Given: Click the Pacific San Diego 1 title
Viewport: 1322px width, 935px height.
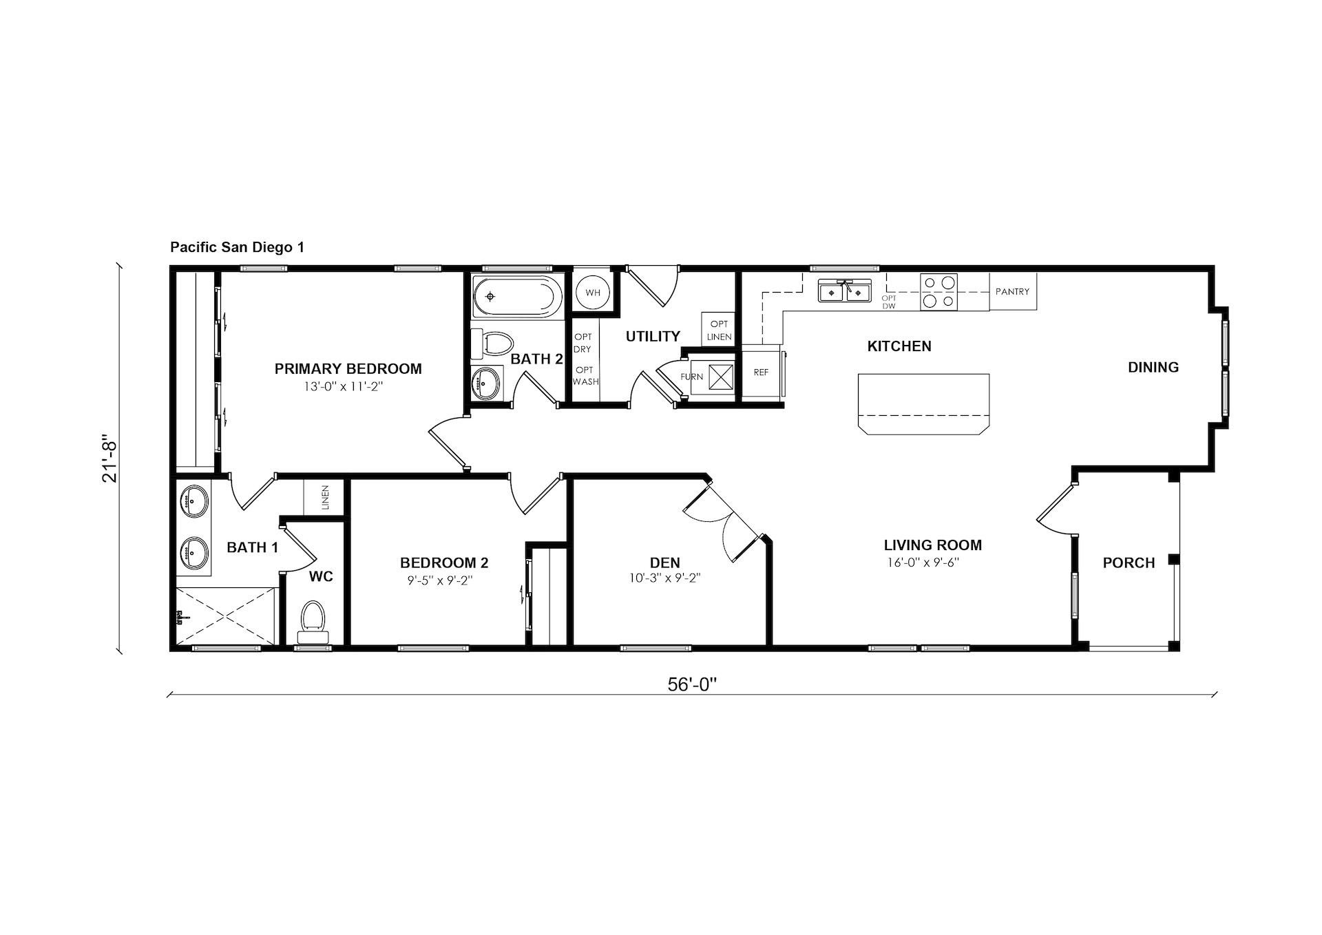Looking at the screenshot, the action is (x=237, y=247).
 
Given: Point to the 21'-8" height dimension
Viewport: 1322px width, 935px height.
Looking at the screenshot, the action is (x=110, y=458).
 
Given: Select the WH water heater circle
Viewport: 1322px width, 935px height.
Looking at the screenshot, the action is (x=593, y=293).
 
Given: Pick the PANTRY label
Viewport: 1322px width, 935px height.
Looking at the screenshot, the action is (x=1012, y=292).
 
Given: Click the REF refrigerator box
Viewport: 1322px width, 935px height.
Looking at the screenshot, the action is (x=761, y=372).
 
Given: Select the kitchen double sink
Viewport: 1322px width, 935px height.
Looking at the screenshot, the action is (x=844, y=291).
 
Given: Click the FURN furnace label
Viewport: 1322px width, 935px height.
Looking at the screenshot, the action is (x=692, y=377).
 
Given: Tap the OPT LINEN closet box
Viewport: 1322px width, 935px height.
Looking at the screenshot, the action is (x=719, y=330).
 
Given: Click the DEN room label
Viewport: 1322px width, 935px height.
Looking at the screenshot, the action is (x=664, y=563).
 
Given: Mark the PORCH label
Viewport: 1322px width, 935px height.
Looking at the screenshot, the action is (x=1129, y=563).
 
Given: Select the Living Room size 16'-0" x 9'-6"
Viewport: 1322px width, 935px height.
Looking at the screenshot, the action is (x=923, y=563).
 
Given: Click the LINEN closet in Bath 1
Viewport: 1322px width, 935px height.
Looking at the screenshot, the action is (x=324, y=496).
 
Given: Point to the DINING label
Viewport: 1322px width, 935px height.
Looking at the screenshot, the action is (x=1153, y=368).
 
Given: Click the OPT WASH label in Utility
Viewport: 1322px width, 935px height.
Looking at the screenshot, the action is (x=585, y=376).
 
